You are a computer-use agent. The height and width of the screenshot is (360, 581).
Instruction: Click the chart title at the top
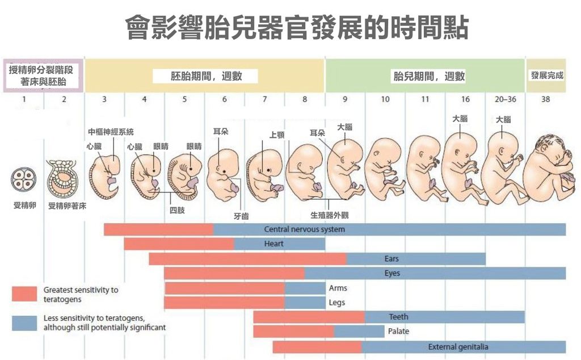point(296,27)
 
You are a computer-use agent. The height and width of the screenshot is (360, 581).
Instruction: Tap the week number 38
point(545,99)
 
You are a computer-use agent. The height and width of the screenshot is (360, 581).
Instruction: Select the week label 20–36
point(505,99)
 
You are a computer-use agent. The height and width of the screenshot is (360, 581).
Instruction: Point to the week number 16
point(465,99)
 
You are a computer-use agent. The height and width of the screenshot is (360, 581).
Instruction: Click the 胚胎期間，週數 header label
point(207,76)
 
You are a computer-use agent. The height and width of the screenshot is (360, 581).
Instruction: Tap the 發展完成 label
point(547,75)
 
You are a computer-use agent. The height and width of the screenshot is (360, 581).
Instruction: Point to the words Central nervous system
point(304,229)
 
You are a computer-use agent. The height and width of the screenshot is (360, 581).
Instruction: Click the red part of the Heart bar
point(179,244)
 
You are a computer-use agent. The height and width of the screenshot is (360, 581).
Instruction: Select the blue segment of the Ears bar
point(416,259)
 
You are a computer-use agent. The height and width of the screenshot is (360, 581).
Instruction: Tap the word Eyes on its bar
point(392,274)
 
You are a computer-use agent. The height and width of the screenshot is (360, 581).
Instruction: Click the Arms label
point(338,288)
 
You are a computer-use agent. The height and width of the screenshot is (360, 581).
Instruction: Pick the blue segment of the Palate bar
point(359,332)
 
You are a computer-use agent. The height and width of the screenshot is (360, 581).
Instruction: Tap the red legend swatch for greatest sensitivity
point(24,294)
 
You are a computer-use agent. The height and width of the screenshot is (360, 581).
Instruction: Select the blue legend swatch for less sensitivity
point(24,323)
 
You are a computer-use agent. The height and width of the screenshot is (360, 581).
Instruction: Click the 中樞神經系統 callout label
point(111,132)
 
